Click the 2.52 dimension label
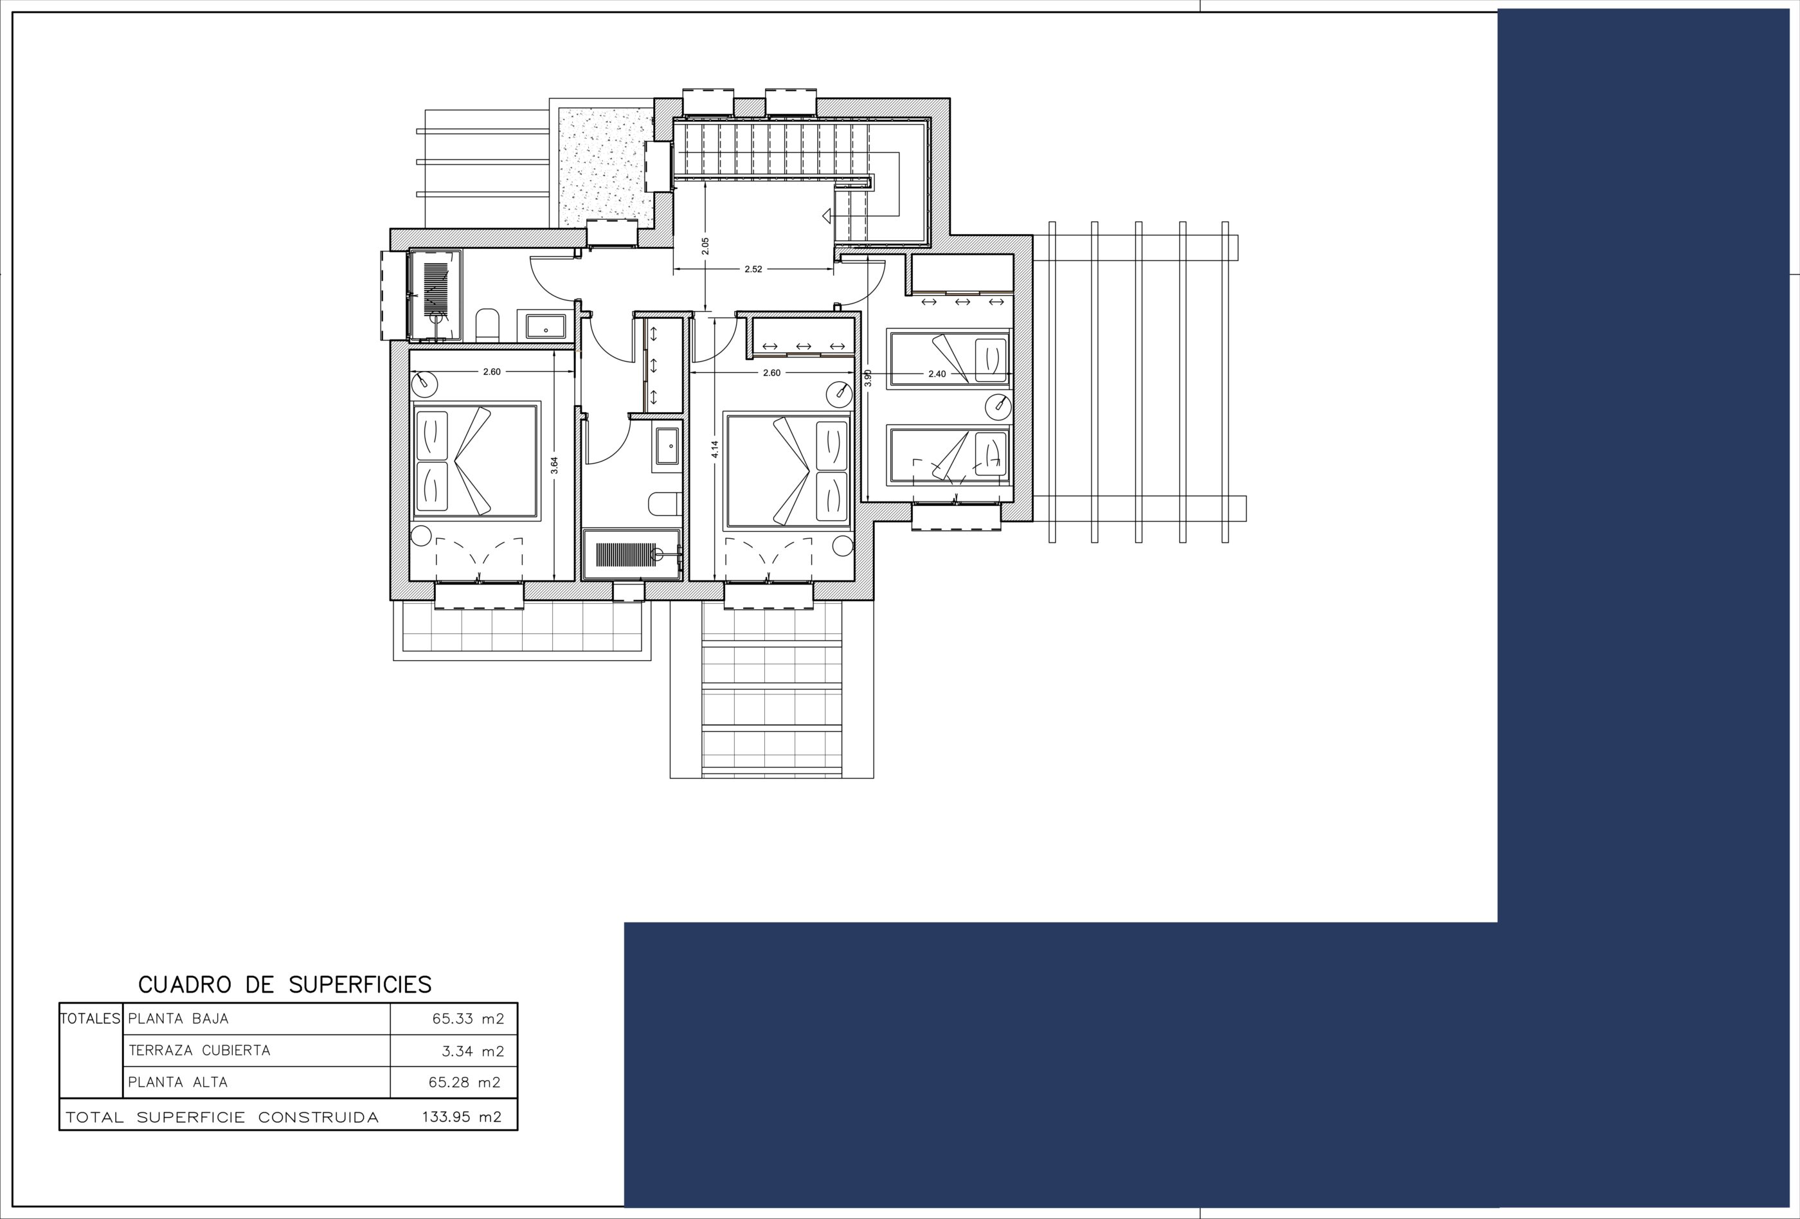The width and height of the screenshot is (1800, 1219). pyautogui.click(x=753, y=269)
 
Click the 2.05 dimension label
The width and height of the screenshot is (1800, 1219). pyautogui.click(x=705, y=246)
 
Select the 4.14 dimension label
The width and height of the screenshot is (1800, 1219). pyautogui.click(x=715, y=449)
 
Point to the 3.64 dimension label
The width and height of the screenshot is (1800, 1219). pyautogui.click(x=553, y=465)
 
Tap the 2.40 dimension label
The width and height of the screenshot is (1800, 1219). pyautogui.click(x=937, y=374)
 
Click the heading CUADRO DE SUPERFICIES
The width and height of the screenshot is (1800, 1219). pyautogui.click(x=285, y=984)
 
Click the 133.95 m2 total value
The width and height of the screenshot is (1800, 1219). pyautogui.click(x=462, y=1117)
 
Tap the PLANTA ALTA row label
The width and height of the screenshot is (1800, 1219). pyautogui.click(x=178, y=1083)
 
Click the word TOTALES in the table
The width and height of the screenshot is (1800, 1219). pyautogui.click(x=91, y=1019)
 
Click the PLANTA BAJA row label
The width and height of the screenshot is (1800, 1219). pyautogui.click(x=178, y=1019)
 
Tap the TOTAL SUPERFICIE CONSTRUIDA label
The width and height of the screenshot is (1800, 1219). pyautogui.click(x=222, y=1117)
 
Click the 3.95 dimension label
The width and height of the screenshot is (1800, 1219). pyautogui.click(x=869, y=378)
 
